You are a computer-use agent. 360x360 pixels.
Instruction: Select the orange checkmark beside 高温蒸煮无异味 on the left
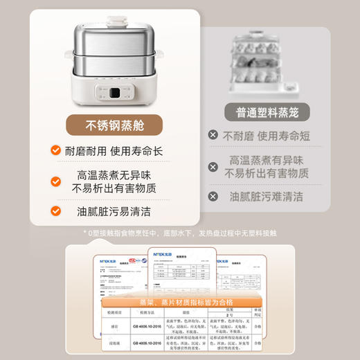click(55, 181)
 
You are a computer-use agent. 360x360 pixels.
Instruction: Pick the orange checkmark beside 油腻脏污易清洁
click(55, 211)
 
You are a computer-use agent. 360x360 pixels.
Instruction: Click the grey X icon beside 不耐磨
click(213, 136)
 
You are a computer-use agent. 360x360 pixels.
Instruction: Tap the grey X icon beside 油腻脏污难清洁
click(214, 196)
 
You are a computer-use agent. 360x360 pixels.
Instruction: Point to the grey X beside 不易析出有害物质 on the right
click(214, 166)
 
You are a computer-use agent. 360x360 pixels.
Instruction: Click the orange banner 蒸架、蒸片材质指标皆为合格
click(175, 303)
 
